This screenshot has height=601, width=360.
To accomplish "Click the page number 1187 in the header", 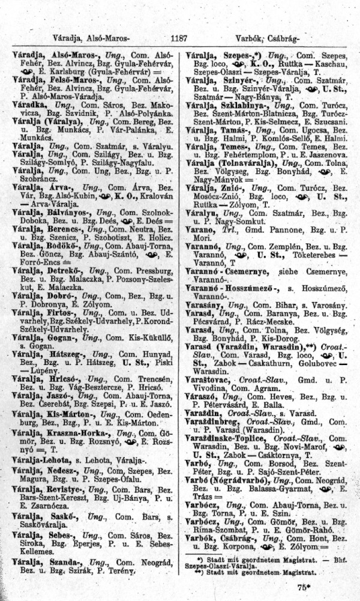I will click(179, 37).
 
